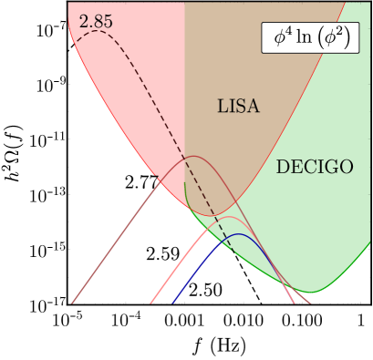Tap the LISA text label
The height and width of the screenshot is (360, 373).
click(x=238, y=107)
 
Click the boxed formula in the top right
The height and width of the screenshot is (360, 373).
click(x=310, y=38)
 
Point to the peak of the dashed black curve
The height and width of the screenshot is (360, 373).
click(x=97, y=31)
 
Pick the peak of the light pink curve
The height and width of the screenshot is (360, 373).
click(x=233, y=218)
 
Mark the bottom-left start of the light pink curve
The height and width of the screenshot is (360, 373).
click(x=149, y=302)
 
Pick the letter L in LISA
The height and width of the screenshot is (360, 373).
click(x=222, y=107)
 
